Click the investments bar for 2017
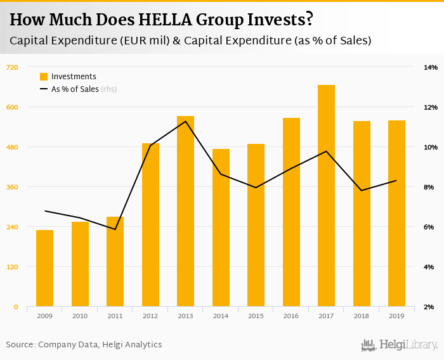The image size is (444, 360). click(x=326, y=196)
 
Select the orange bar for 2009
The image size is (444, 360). click(x=44, y=268)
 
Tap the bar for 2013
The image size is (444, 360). click(x=185, y=212)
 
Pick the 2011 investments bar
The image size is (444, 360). click(x=115, y=262)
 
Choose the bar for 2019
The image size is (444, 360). click(x=396, y=214)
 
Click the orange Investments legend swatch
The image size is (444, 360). click(x=44, y=77)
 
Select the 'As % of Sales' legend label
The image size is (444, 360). click(x=75, y=89)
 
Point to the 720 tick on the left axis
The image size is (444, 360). click(x=12, y=67)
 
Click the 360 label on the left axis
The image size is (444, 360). click(x=12, y=187)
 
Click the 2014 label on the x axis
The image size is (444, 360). click(x=221, y=316)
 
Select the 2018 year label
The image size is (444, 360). click(x=362, y=316)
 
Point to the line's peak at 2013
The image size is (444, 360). click(x=185, y=121)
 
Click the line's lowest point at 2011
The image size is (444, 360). click(x=115, y=229)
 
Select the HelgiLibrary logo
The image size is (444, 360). click(x=400, y=345)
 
